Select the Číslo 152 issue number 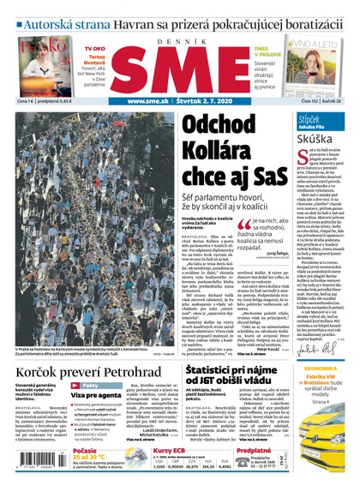click(313, 102)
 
